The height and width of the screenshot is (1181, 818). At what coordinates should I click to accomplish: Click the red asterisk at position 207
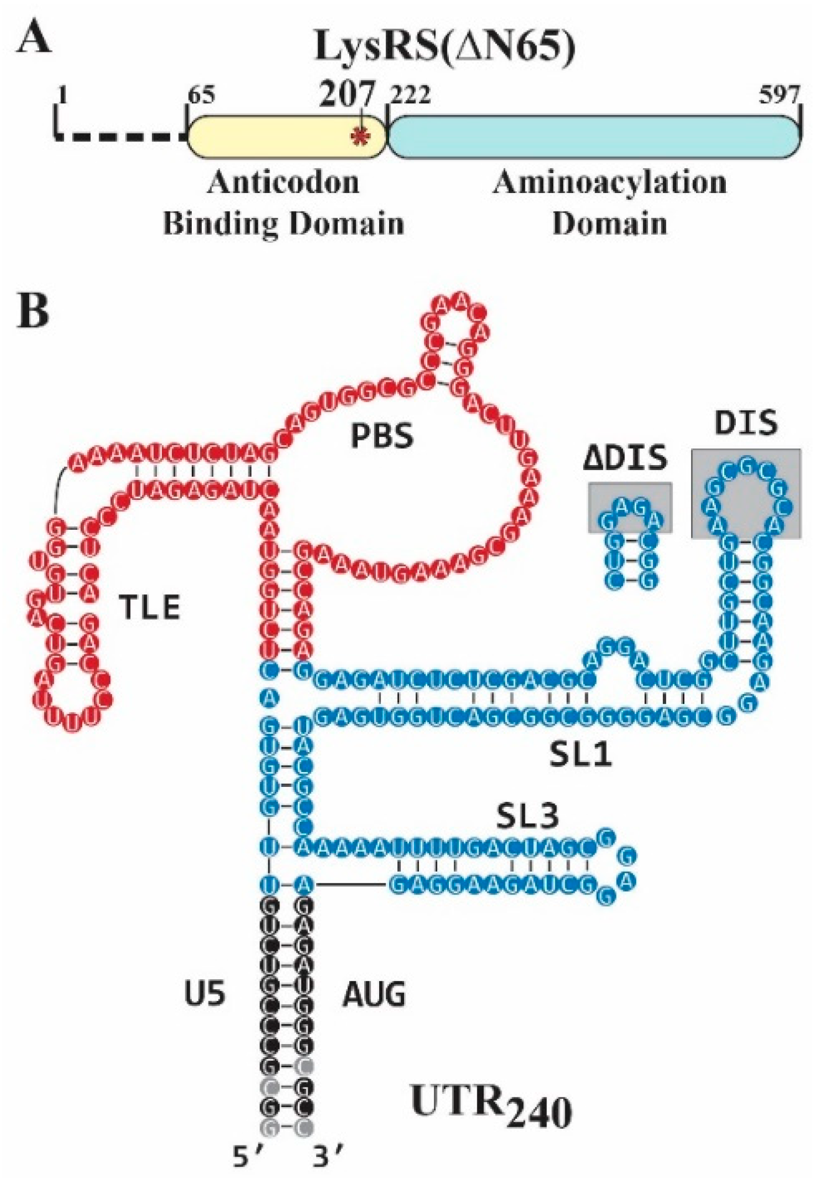[x=359, y=136]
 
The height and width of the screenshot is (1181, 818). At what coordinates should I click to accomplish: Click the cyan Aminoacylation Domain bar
[x=591, y=136]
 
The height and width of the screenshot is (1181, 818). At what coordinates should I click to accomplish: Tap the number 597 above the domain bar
[x=778, y=95]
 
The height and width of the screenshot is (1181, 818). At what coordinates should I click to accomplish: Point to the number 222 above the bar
[x=410, y=95]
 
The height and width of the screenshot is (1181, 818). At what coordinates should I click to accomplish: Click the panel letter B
[x=33, y=309]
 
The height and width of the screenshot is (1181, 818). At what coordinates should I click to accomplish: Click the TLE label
[x=150, y=607]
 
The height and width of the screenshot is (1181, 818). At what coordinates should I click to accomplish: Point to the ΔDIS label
[x=625, y=459]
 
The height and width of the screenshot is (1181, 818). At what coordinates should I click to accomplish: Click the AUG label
[x=374, y=994]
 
